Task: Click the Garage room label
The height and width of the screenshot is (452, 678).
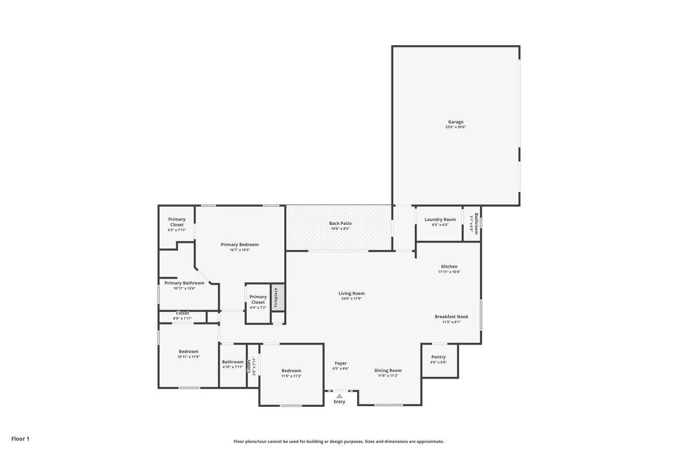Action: (x=455, y=121)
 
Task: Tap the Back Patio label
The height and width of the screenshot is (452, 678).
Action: (x=340, y=223)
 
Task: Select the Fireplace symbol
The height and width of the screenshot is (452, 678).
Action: (x=277, y=297)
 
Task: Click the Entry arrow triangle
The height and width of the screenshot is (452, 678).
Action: (x=339, y=396)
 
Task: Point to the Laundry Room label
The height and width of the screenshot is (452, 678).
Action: (x=440, y=219)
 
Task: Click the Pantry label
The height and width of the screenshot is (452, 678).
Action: (x=438, y=357)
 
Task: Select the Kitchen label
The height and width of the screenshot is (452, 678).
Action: (x=449, y=266)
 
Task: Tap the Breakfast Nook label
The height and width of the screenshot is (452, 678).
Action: (x=451, y=316)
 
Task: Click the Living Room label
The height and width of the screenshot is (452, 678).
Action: (x=351, y=293)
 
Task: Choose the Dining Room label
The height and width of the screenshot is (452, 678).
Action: (x=388, y=370)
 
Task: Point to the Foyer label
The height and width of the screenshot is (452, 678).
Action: (x=341, y=363)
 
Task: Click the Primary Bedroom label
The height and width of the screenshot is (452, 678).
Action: (x=240, y=244)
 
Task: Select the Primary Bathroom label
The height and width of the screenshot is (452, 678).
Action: (x=184, y=282)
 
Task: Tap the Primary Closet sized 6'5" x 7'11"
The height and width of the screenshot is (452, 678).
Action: (x=177, y=222)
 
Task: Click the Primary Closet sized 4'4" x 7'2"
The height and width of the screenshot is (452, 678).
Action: (x=258, y=299)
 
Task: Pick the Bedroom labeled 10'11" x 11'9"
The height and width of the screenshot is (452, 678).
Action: (x=189, y=351)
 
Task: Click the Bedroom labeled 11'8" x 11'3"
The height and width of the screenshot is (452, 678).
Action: (x=292, y=370)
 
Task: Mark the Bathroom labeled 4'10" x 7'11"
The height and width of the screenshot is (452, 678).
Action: (x=233, y=362)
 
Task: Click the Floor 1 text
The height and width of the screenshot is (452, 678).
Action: (x=20, y=438)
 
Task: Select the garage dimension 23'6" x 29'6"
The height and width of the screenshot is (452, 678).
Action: (x=455, y=127)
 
